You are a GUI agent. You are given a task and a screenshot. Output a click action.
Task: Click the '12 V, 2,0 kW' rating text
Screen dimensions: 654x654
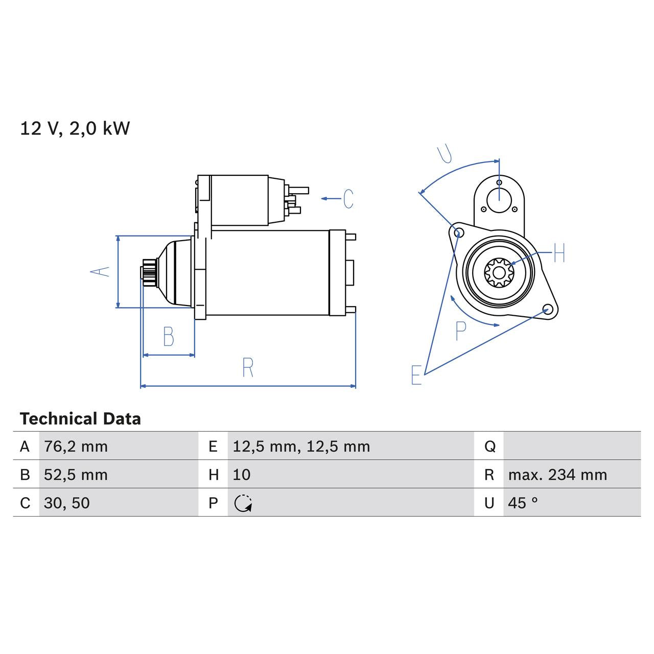click(x=75, y=128)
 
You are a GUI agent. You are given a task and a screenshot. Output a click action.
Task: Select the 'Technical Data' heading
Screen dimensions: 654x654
click(x=80, y=419)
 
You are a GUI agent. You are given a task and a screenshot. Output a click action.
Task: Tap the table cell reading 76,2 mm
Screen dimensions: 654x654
click(x=76, y=447)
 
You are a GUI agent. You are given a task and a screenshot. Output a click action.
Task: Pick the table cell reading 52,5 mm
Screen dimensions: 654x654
click(x=76, y=475)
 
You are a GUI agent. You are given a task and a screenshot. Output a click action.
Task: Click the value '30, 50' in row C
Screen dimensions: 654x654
click(x=67, y=503)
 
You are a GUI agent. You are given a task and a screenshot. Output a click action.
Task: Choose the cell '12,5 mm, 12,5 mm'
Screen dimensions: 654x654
click(x=301, y=447)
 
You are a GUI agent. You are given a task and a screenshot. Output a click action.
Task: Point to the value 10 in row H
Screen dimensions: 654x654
click(x=242, y=475)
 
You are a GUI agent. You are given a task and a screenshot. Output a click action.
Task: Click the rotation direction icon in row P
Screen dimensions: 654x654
click(x=243, y=503)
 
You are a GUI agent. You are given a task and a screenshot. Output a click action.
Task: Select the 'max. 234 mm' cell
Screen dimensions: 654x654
click(x=557, y=475)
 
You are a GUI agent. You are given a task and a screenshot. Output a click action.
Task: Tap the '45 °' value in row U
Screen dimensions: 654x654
click(x=523, y=503)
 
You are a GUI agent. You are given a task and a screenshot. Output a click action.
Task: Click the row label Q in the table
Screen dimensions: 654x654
click(x=489, y=447)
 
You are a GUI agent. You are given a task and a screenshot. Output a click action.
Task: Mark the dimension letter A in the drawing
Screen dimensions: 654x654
click(x=100, y=271)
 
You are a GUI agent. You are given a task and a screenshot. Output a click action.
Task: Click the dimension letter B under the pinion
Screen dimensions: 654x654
click(x=168, y=337)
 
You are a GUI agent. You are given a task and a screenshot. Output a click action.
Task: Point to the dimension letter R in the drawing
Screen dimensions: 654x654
click(x=248, y=367)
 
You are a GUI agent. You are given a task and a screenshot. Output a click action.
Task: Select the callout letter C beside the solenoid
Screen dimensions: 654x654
click(x=348, y=199)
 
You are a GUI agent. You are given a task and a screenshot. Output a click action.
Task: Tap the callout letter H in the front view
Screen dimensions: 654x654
click(x=559, y=253)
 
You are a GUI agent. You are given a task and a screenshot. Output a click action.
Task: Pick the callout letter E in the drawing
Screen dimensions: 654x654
click(x=416, y=375)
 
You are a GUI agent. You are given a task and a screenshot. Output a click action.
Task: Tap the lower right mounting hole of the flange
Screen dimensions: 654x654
click(x=547, y=310)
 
